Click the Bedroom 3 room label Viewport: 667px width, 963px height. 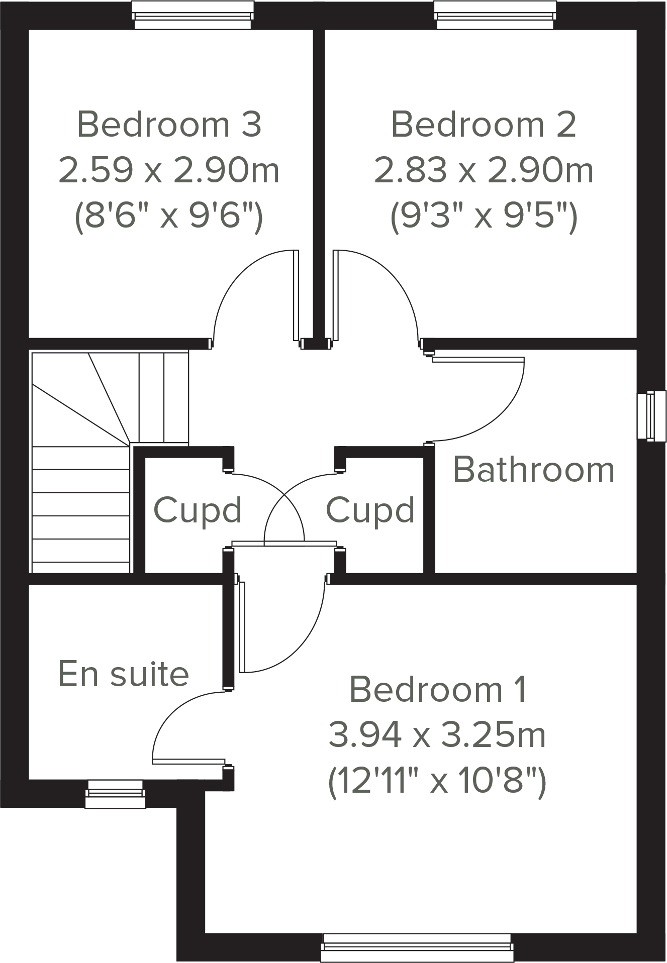[169, 125]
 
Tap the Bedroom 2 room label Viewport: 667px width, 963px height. [483, 125]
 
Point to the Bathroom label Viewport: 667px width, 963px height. [534, 470]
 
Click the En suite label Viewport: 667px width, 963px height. [124, 674]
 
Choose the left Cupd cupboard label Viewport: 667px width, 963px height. [198, 510]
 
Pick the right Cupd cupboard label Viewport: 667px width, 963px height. [370, 510]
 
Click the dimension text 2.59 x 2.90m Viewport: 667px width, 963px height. [169, 170]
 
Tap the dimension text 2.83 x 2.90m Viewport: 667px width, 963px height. [484, 170]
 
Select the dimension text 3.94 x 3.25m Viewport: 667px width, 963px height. [437, 735]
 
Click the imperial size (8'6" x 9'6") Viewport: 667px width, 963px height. [169, 217]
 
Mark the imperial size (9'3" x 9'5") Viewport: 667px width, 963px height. [484, 217]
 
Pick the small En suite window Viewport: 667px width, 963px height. [115, 794]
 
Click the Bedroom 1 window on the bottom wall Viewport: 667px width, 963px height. [417, 947]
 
